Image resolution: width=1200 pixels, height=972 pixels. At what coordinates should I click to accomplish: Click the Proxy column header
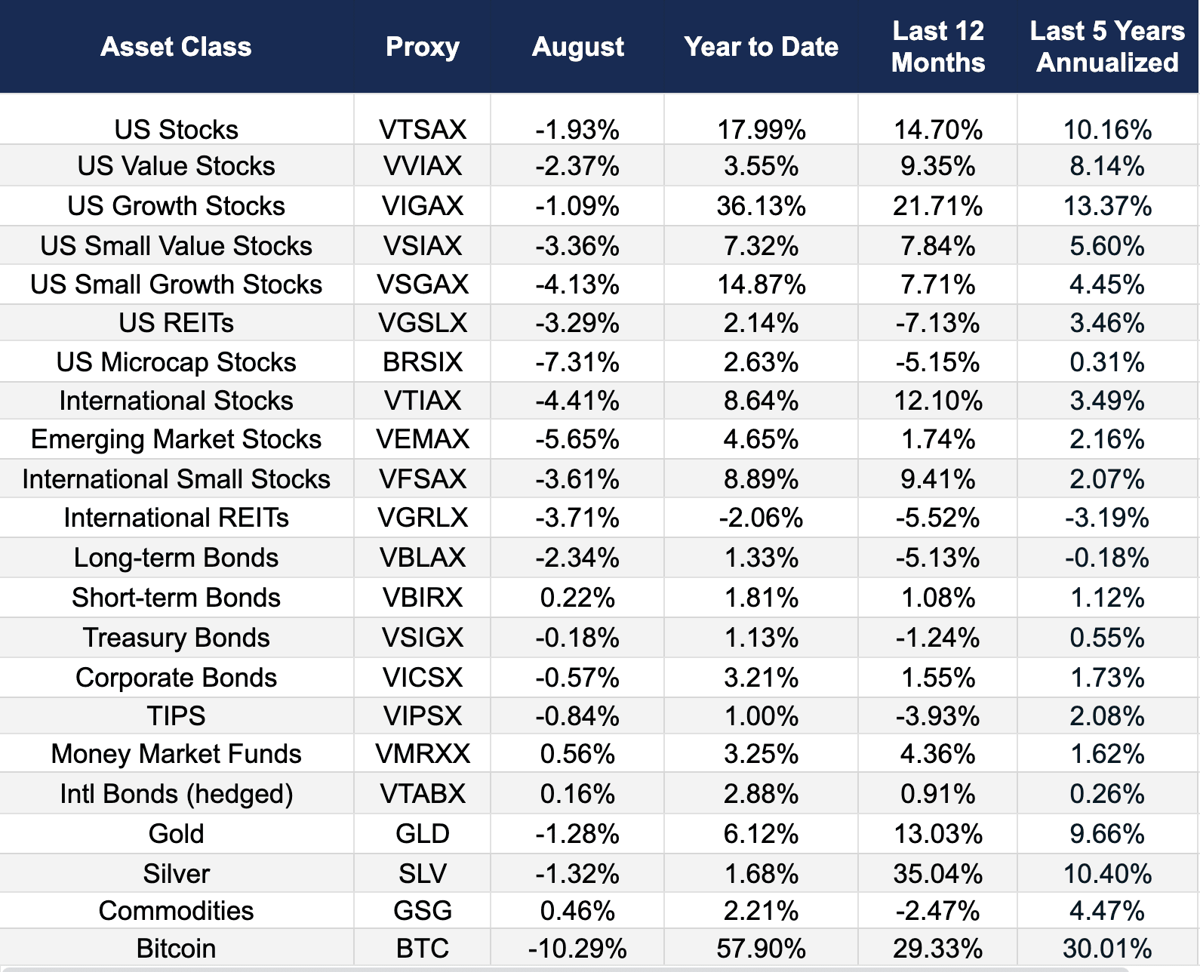pyautogui.click(x=422, y=47)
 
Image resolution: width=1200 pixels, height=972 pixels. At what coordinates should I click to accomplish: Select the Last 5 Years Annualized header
pyautogui.click(x=1107, y=47)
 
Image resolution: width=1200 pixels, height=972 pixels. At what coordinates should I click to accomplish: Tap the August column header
pyautogui.click(x=577, y=47)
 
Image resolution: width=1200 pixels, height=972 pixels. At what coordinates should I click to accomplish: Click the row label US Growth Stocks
pyautogui.click(x=176, y=206)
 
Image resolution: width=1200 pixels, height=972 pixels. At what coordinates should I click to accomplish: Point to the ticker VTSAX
pyautogui.click(x=422, y=130)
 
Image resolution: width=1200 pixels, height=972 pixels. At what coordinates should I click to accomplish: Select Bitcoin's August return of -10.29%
pyautogui.click(x=577, y=949)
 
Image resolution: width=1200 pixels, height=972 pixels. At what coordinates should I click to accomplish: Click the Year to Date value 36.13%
pyautogui.click(x=761, y=206)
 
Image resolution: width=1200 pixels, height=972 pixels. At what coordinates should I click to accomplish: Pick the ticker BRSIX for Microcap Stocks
pyautogui.click(x=422, y=362)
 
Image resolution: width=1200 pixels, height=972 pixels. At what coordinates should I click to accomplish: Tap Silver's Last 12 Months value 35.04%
pyautogui.click(x=937, y=874)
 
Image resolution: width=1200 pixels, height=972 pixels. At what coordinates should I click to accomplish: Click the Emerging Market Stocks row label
pyautogui.click(x=176, y=439)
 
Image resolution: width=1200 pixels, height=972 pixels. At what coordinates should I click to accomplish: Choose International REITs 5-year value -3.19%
pyautogui.click(x=1107, y=518)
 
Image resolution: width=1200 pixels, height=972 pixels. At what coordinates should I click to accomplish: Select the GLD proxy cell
pyautogui.click(x=422, y=834)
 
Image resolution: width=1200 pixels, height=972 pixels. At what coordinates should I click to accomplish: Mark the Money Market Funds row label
pyautogui.click(x=176, y=754)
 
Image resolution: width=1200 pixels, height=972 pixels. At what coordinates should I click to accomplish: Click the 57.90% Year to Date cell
pyautogui.click(x=761, y=949)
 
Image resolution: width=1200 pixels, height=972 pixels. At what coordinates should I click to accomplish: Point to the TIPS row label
pyautogui.click(x=176, y=715)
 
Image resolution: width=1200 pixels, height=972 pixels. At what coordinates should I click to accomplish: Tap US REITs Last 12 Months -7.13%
pyautogui.click(x=937, y=323)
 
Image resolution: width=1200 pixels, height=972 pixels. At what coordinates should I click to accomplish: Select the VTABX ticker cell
pyautogui.click(x=422, y=794)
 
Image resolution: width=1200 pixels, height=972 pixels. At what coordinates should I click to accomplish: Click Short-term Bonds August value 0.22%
pyautogui.click(x=577, y=598)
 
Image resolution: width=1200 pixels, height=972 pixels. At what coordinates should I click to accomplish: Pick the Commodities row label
pyautogui.click(x=176, y=911)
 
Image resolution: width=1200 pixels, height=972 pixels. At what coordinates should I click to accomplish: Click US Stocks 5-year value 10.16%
pyautogui.click(x=1107, y=130)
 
